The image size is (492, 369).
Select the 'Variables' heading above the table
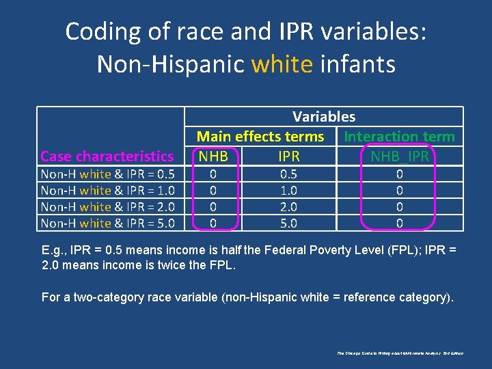[x=324, y=117]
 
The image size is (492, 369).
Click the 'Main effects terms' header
[x=260, y=137]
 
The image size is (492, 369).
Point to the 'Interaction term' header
[x=400, y=137]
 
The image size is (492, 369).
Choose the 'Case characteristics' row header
[x=107, y=156]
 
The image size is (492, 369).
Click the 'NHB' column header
[x=213, y=156]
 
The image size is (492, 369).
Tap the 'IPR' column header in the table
[x=289, y=156]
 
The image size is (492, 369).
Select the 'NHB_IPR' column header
[x=400, y=156]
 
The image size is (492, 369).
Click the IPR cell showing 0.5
[x=289, y=174]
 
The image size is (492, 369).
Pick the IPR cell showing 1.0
[x=289, y=191]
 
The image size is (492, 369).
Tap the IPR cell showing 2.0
[x=289, y=207]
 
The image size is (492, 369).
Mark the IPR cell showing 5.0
[x=289, y=223]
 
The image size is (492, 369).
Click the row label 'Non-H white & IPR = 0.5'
[x=108, y=174]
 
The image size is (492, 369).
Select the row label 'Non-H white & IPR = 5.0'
[x=108, y=223]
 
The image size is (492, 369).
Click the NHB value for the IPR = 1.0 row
[x=213, y=191]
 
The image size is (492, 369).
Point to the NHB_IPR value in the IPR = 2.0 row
[x=400, y=207]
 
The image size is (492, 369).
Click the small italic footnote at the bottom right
[x=400, y=353]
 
